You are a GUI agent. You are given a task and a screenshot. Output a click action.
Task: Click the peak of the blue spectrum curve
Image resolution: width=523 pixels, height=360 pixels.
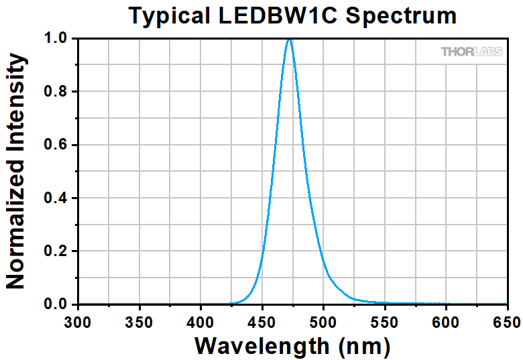(289, 40)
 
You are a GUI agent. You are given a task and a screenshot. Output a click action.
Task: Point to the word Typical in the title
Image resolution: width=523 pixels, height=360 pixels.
(170, 16)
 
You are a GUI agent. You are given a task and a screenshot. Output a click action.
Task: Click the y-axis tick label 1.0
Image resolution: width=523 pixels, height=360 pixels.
(56, 38)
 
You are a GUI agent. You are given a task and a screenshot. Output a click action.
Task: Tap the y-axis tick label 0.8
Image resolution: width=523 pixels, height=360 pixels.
(56, 92)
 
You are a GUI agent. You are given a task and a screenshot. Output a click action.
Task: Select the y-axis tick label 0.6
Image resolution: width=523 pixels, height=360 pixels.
(56, 145)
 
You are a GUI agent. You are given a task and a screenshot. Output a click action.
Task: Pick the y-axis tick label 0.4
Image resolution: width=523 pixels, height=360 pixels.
(56, 198)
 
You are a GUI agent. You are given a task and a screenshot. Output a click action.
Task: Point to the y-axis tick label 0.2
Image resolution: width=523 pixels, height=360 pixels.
(56, 251)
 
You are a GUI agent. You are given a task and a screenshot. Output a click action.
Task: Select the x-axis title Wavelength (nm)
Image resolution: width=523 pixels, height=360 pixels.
(292, 347)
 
